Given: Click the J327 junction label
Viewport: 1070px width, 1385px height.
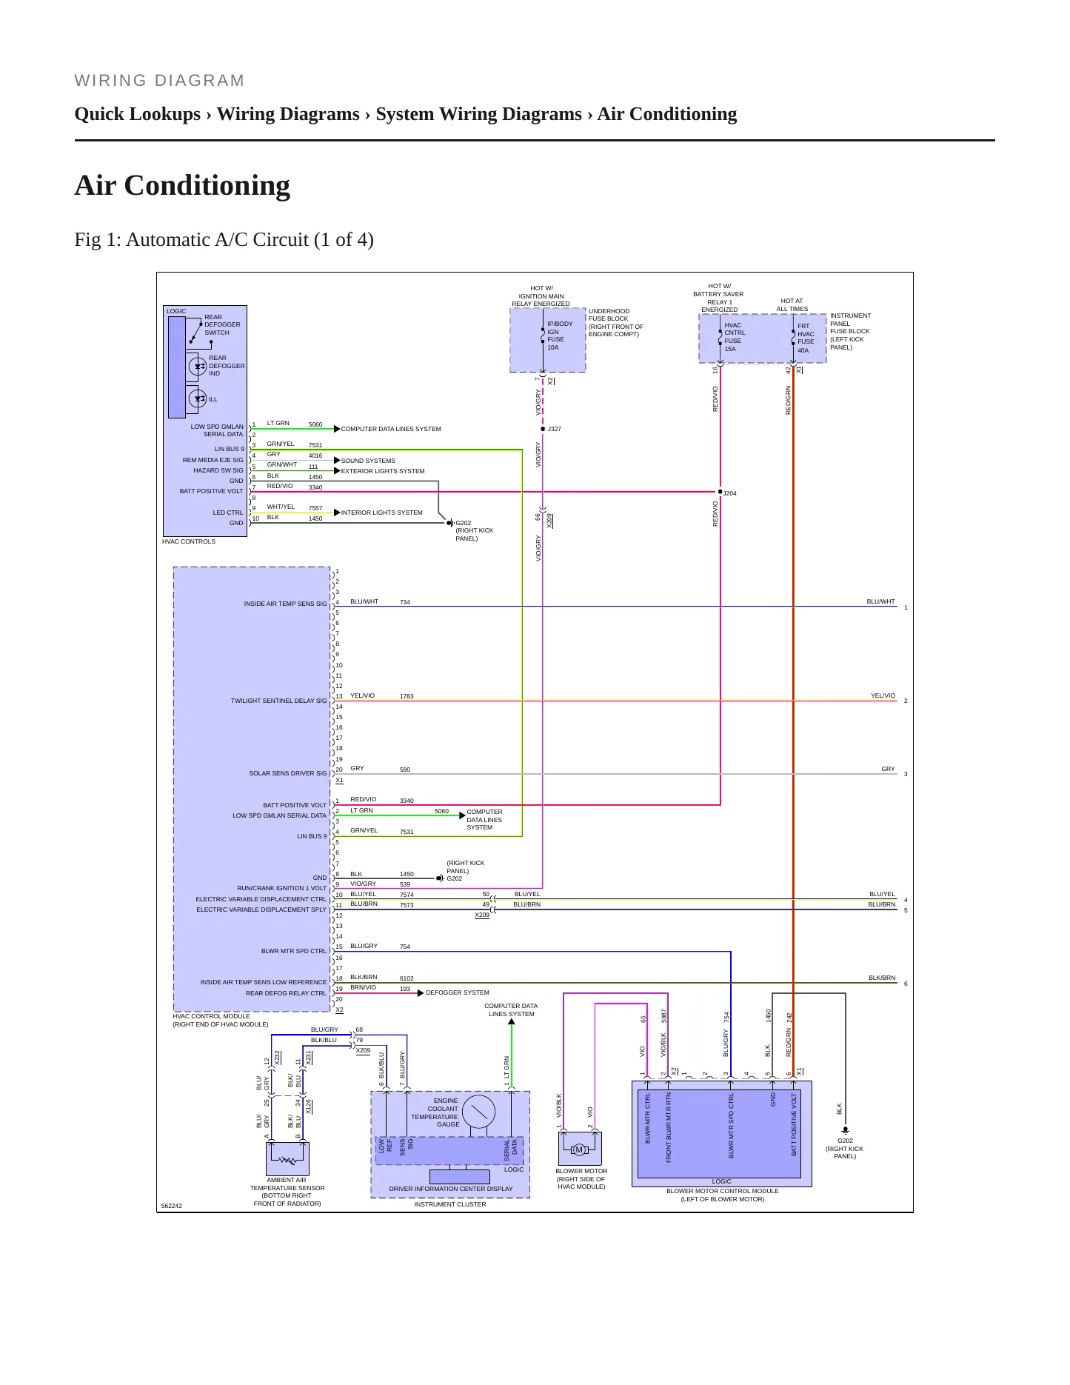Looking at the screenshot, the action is pyautogui.click(x=554, y=429).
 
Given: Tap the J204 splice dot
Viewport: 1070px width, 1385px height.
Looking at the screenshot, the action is pyautogui.click(x=720, y=491).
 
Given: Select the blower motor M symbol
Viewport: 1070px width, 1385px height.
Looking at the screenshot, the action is pyautogui.click(x=579, y=1149).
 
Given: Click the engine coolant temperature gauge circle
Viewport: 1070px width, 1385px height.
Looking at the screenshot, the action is pyautogui.click(x=478, y=1112).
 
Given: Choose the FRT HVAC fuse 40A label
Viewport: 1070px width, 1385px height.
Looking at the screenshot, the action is pyautogui.click(x=806, y=338).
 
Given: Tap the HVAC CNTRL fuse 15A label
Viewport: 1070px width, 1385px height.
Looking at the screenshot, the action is pyautogui.click(x=735, y=337).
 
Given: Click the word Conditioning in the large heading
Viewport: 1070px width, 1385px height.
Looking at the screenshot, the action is pyautogui.click(x=207, y=185).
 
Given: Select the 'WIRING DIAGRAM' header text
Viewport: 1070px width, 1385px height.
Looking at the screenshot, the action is pyautogui.click(x=159, y=81).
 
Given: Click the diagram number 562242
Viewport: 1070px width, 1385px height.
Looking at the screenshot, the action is pyautogui.click(x=171, y=1206).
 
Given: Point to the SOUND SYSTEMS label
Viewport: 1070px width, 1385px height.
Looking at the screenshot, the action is pyautogui.click(x=368, y=461).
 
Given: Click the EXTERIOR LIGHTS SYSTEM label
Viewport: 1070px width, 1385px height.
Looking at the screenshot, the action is pyautogui.click(x=383, y=471).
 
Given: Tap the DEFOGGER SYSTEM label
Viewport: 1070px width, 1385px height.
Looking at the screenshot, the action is pyautogui.click(x=458, y=992).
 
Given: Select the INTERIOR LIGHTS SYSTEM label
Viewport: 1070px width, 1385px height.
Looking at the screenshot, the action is pyautogui.click(x=381, y=513).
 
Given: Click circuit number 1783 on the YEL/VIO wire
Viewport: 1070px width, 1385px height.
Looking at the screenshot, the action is pyautogui.click(x=407, y=696).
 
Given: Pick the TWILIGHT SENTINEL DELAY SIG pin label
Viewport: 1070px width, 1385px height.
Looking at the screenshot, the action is pyautogui.click(x=278, y=701).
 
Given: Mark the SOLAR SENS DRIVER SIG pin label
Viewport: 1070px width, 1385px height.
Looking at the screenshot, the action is pyautogui.click(x=287, y=773).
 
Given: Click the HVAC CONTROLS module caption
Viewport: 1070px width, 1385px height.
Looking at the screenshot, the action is pyautogui.click(x=189, y=541).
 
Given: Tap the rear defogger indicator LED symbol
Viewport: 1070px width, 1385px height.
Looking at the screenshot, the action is pyautogui.click(x=198, y=366).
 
